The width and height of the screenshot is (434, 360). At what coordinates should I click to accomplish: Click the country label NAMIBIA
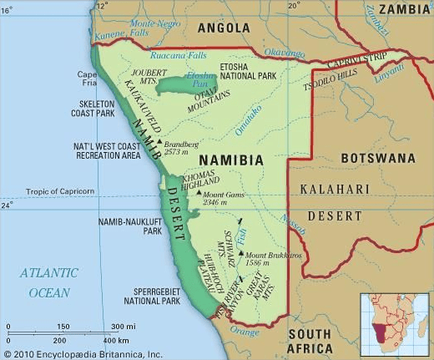pos(231,160)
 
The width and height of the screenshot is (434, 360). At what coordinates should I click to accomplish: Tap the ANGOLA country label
pos(224,28)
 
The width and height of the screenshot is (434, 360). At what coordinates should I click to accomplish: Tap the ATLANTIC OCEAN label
pos(49,282)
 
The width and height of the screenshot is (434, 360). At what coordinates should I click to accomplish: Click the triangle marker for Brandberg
pos(159,144)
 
